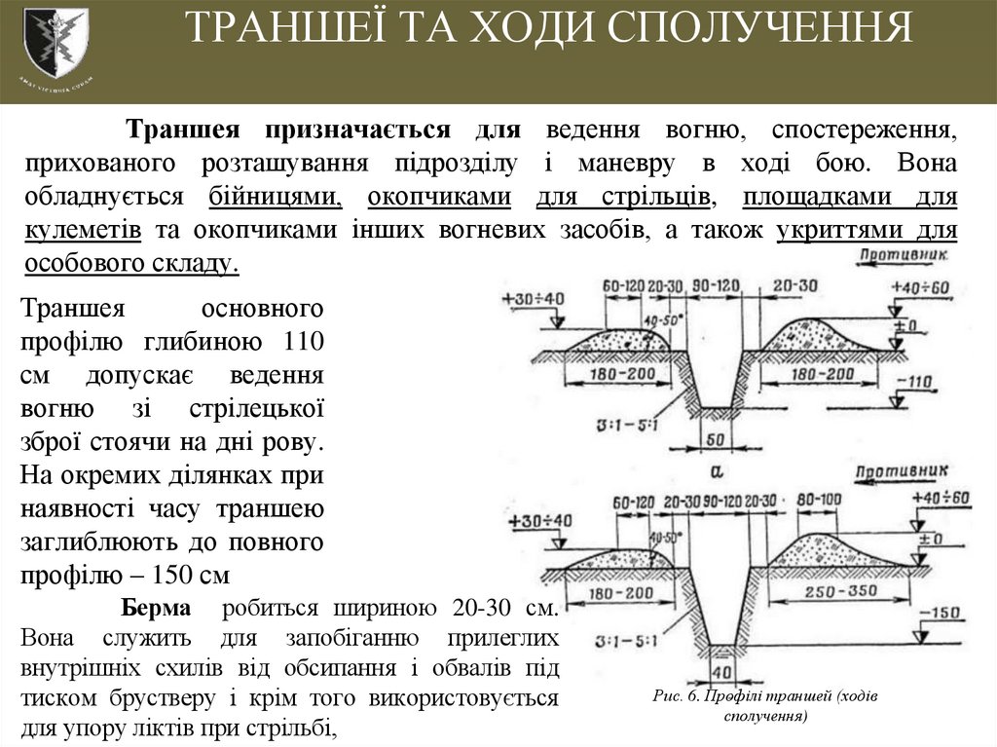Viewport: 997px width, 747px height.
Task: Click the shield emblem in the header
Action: coord(55,42)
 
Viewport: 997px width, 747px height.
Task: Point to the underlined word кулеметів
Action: coord(85,231)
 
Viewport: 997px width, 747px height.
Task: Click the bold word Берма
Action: coord(156,609)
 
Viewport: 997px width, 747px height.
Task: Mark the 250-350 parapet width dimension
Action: coord(834,592)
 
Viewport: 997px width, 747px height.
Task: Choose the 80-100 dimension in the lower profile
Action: coord(818,501)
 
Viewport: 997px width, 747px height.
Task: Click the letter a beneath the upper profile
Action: coord(718,468)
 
